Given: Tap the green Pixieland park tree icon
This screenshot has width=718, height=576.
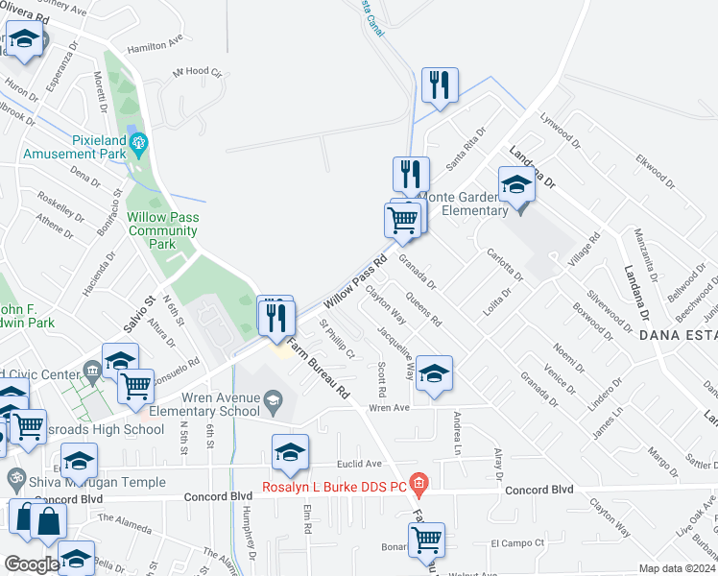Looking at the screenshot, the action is pos(139,145).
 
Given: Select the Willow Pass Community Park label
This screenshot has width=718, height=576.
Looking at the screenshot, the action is pos(163,230).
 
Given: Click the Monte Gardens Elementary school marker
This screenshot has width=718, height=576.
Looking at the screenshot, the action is pos(516,184).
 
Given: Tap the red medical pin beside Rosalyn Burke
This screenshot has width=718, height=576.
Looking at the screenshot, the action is pos(417,480).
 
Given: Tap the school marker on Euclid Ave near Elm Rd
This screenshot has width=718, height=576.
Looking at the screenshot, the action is pos(290,454).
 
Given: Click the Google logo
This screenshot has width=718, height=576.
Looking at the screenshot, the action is pos(32,564).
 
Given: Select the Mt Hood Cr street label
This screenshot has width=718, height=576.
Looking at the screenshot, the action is pos(197,73).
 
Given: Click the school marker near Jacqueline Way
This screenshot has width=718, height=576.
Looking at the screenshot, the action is pos(434,372).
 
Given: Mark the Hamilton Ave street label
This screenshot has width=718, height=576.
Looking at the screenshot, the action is pos(155,44).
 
